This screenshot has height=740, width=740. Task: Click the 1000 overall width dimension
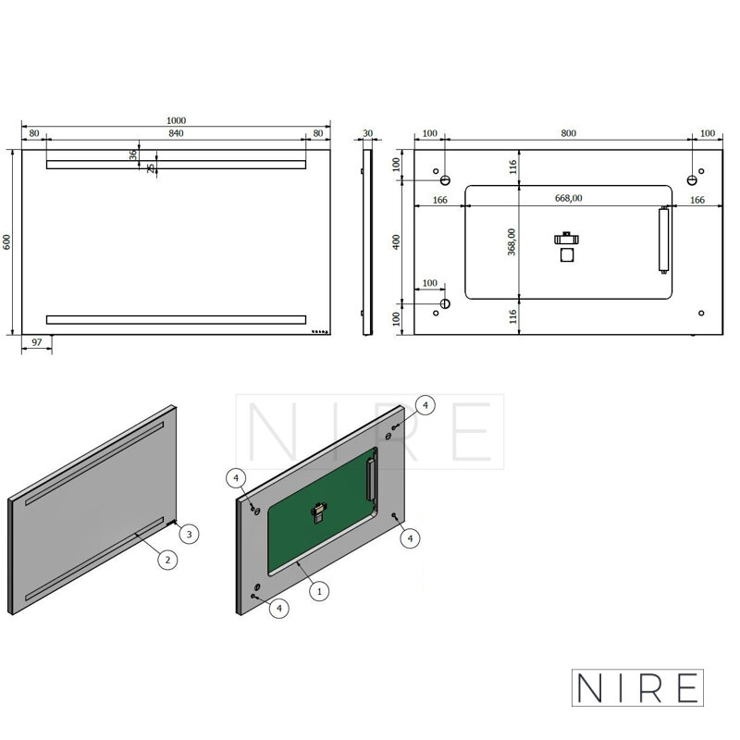pyautogui.click(x=176, y=120)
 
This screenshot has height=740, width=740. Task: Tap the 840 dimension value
pyautogui.click(x=176, y=133)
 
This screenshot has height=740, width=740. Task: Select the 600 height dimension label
pyautogui.click(x=6, y=242)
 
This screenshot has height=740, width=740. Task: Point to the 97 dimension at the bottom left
pyautogui.click(x=36, y=342)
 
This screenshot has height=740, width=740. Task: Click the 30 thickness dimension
pyautogui.click(x=367, y=133)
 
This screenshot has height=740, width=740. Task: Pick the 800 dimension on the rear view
pyautogui.click(x=569, y=133)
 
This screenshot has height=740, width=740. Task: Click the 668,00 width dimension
pyautogui.click(x=568, y=198)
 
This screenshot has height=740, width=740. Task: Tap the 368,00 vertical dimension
pyautogui.click(x=512, y=242)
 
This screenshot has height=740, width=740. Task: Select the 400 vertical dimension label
pyautogui.click(x=397, y=242)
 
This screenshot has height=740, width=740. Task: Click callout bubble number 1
pyautogui.click(x=319, y=591)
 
